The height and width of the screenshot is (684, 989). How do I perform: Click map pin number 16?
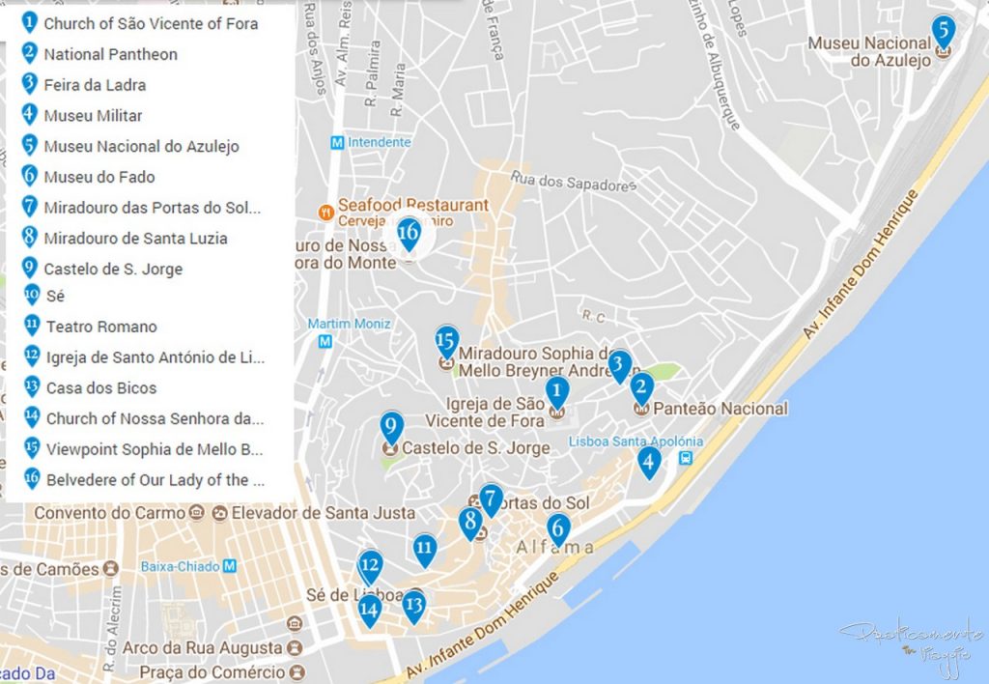pyautogui.click(x=409, y=234)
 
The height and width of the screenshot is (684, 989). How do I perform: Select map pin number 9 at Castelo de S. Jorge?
pyautogui.click(x=391, y=427)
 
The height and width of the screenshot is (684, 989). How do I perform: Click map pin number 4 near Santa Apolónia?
pyautogui.click(x=650, y=462)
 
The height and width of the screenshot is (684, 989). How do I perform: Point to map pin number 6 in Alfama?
pyautogui.click(x=557, y=528)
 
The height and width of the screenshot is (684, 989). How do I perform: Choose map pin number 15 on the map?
pyautogui.click(x=445, y=341)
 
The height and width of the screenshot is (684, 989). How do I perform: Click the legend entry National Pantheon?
pyautogui.click(x=110, y=54)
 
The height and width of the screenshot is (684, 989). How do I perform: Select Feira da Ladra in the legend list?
pyautogui.click(x=95, y=85)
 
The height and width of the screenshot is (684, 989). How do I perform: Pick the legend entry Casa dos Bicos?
pyautogui.click(x=101, y=387)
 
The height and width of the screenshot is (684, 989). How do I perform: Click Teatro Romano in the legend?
pyautogui.click(x=101, y=327)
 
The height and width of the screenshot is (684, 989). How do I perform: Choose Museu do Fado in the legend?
pyautogui.click(x=99, y=177)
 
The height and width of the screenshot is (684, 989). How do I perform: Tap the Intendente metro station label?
pyautogui.click(x=379, y=142)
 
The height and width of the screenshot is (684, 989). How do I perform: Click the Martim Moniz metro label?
pyautogui.click(x=349, y=323)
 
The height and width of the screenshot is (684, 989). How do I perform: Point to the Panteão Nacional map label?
pyautogui.click(x=720, y=409)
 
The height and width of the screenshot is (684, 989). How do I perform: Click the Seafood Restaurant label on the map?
pyautogui.click(x=413, y=205)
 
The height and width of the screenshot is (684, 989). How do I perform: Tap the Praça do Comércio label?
pyautogui.click(x=212, y=671)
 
